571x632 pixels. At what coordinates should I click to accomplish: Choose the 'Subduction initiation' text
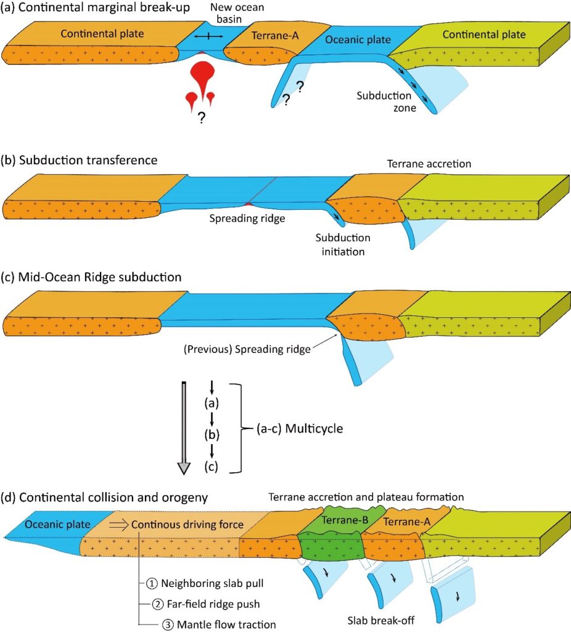click(343, 244)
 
